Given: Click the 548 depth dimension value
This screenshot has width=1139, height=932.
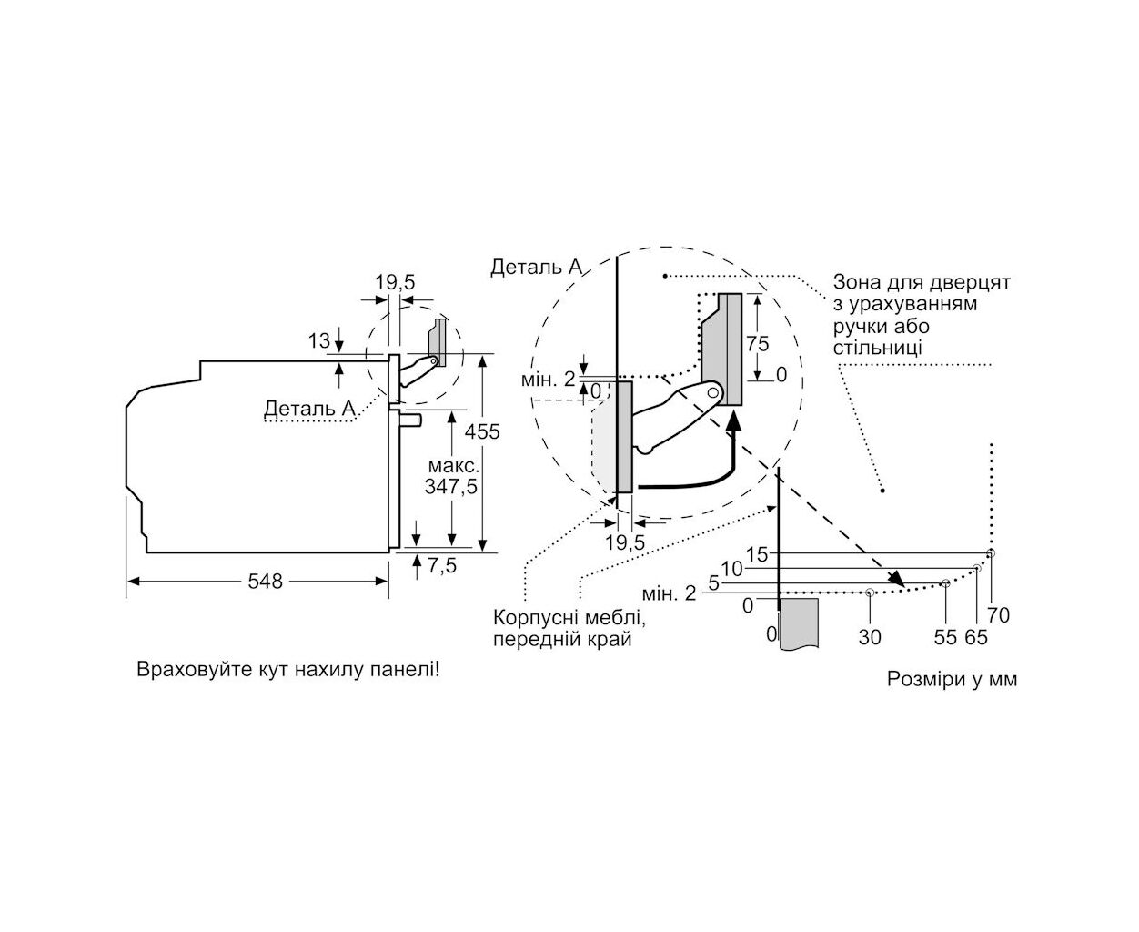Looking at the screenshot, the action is pyautogui.click(x=265, y=582).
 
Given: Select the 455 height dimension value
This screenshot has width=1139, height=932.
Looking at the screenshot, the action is pyautogui.click(x=482, y=431).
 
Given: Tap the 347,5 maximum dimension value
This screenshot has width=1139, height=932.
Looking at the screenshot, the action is pyautogui.click(x=451, y=487).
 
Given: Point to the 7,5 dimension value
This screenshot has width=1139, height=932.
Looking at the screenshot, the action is pyautogui.click(x=442, y=566).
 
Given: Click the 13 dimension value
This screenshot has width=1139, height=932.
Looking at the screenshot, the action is pyautogui.click(x=318, y=341).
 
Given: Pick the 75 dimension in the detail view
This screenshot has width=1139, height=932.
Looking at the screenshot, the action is pyautogui.click(x=757, y=344).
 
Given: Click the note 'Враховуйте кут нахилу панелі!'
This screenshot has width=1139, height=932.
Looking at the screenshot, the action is pyautogui.click(x=288, y=670).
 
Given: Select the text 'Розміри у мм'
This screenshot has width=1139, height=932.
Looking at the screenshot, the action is pyautogui.click(x=952, y=680).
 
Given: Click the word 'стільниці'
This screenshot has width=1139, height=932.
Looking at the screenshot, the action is pyautogui.click(x=877, y=348).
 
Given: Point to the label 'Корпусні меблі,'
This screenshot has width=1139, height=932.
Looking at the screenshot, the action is pyautogui.click(x=569, y=618).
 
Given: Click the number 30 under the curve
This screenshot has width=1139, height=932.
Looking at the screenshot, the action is pyautogui.click(x=870, y=638).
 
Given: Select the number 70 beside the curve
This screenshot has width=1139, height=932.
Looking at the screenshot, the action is pyautogui.click(x=998, y=615).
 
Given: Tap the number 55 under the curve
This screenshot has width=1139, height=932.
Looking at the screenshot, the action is pyautogui.click(x=945, y=638).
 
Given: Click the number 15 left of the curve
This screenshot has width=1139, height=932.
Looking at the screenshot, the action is pyautogui.click(x=757, y=555).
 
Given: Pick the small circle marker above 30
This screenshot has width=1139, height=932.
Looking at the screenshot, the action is pyautogui.click(x=870, y=593).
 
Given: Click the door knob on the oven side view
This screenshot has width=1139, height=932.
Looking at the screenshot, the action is pyautogui.click(x=411, y=420).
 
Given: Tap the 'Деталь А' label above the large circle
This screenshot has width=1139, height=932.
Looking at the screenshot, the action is pyautogui.click(x=537, y=268).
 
